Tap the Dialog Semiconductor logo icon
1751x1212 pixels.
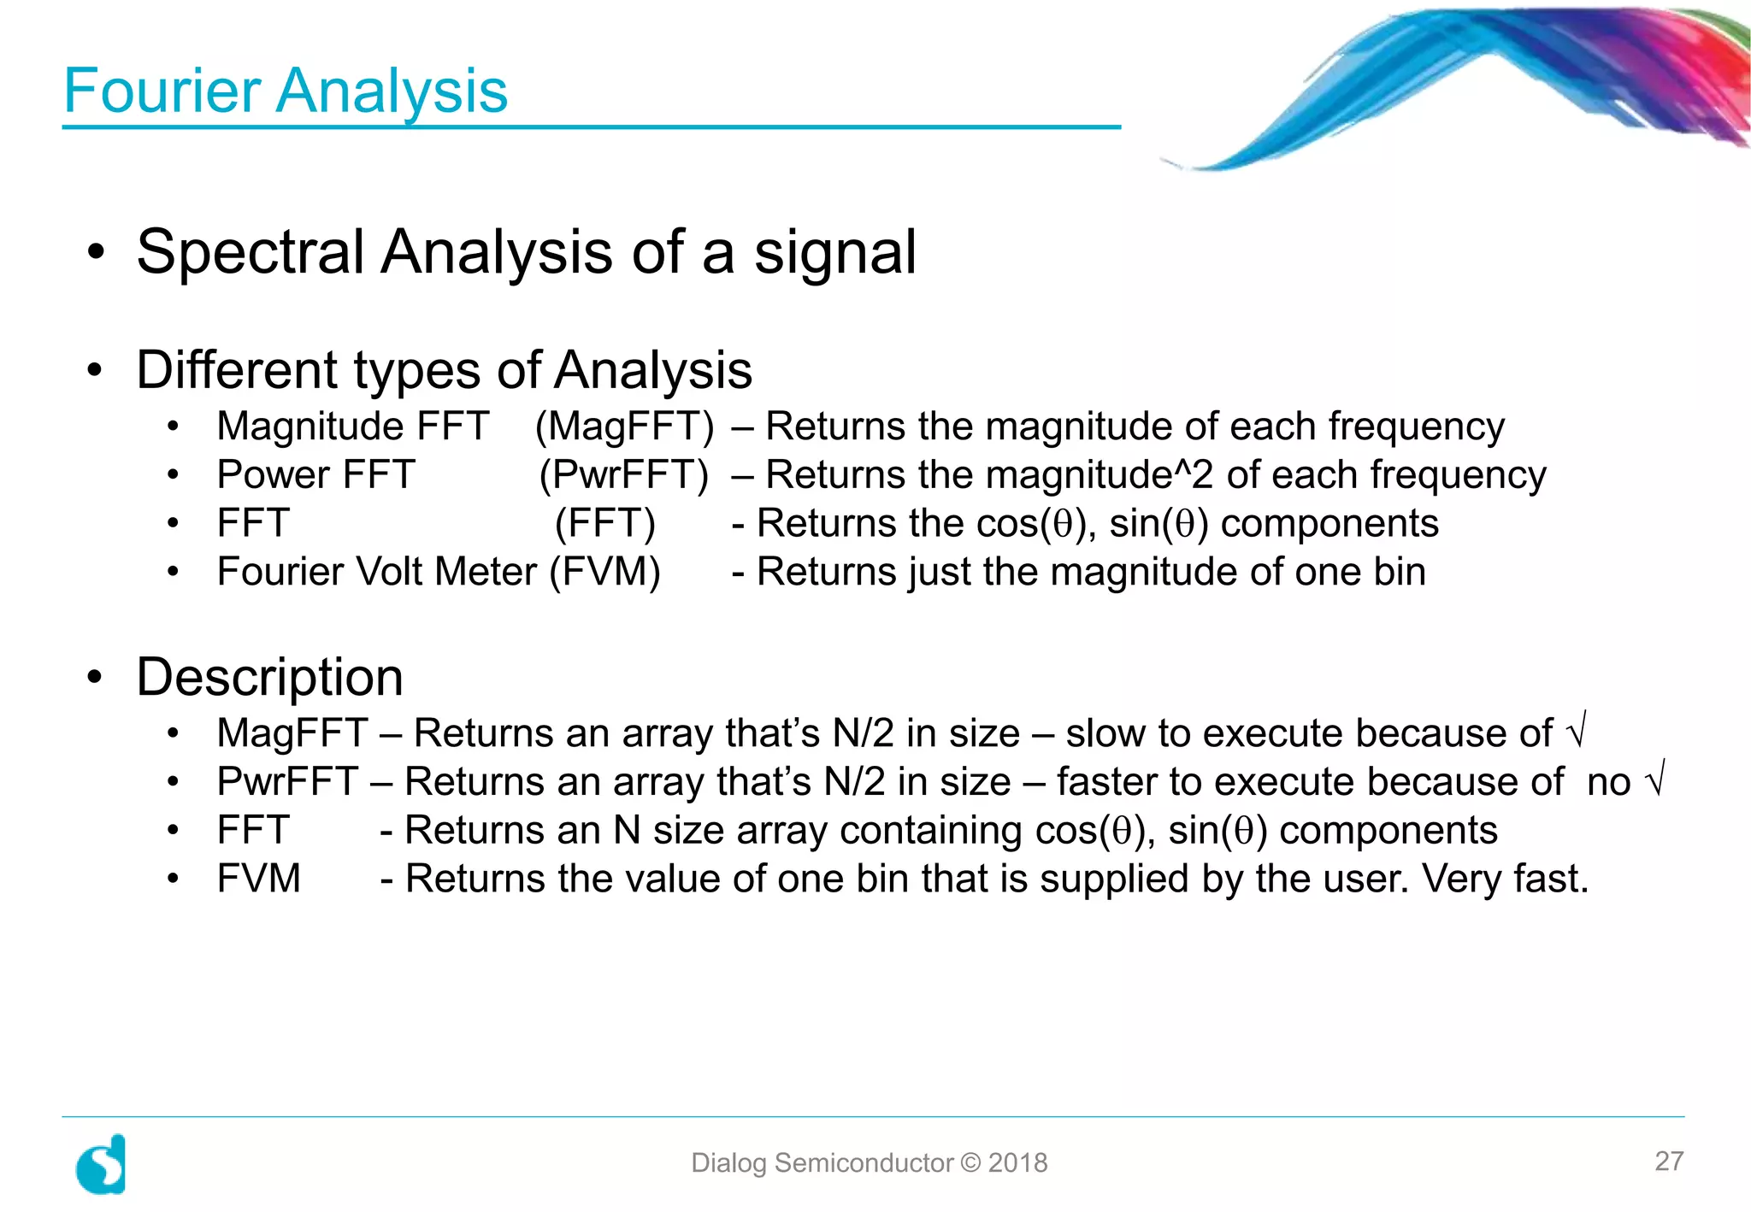coord(101,1164)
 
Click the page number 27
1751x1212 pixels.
coord(1669,1161)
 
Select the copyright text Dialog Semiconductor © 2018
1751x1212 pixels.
coord(869,1163)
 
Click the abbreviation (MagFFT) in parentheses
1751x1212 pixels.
coord(624,427)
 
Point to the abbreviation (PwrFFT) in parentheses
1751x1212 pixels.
coord(624,475)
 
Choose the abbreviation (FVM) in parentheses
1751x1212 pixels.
coord(605,572)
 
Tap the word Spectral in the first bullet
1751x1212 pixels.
coord(251,252)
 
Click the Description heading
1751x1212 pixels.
coord(269,677)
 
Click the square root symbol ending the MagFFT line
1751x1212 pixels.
coord(1576,731)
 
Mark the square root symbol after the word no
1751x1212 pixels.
coord(1655,780)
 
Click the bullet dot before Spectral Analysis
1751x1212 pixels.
coord(96,253)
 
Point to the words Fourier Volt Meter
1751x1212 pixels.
coord(377,572)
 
